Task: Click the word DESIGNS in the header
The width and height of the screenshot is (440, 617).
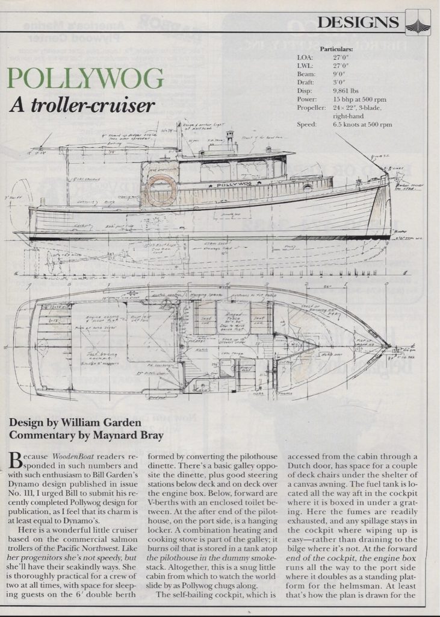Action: tap(358, 22)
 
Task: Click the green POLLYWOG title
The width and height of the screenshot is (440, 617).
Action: tap(87, 80)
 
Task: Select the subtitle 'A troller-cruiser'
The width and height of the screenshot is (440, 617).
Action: tap(82, 105)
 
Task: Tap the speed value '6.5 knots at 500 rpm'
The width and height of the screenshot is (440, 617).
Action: tap(362, 125)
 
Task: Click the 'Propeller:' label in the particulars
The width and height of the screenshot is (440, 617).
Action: tap(312, 107)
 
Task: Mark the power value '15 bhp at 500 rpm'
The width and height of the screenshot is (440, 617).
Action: tap(360, 99)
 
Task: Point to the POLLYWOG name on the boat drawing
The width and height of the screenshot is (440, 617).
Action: tap(234, 178)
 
